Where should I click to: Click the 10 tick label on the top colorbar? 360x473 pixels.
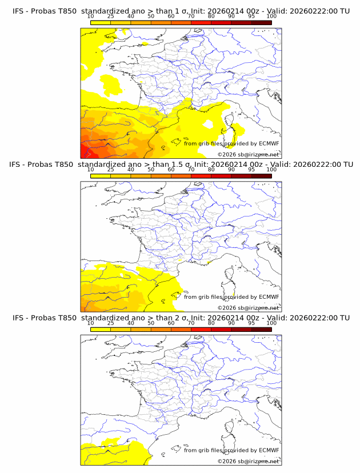click(x=90, y=17)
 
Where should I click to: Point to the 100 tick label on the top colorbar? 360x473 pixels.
click(x=271, y=17)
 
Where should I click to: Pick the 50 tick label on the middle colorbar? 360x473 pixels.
click(x=151, y=170)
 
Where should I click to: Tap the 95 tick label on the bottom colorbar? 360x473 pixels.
click(x=251, y=323)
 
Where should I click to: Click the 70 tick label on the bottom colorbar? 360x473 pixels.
click(x=191, y=323)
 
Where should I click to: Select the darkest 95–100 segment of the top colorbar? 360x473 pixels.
click(x=261, y=22)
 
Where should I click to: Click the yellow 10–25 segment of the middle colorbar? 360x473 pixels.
click(x=100, y=175)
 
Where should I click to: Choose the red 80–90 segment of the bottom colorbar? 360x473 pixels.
click(x=221, y=328)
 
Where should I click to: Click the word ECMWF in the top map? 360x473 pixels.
click(x=269, y=144)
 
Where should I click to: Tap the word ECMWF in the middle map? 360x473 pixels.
click(x=269, y=297)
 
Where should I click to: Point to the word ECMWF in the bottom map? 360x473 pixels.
click(x=269, y=450)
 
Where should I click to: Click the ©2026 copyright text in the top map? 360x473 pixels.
click(x=227, y=155)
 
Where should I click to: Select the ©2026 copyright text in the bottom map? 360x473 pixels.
click(x=227, y=461)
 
